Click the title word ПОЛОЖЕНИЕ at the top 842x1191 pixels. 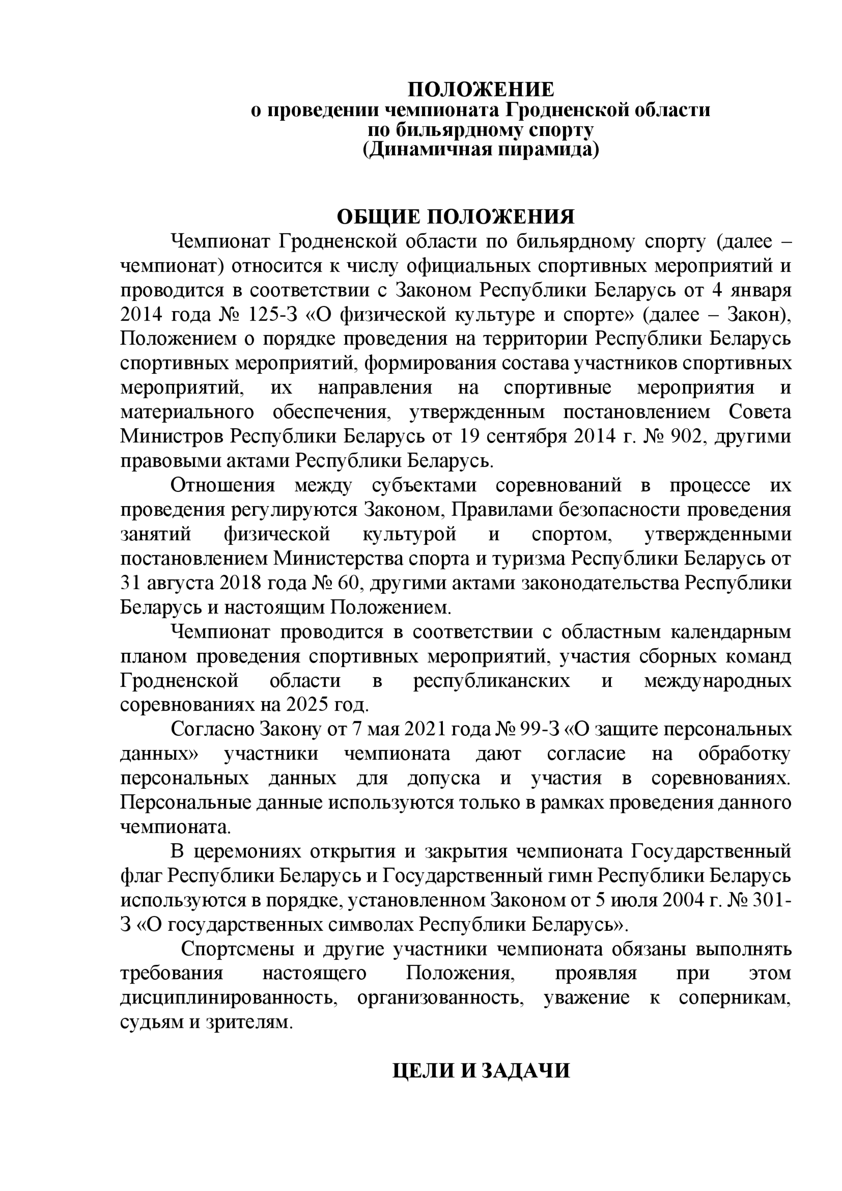[481, 90]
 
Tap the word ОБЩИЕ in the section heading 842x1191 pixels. [378, 217]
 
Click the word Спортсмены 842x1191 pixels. [237, 949]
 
